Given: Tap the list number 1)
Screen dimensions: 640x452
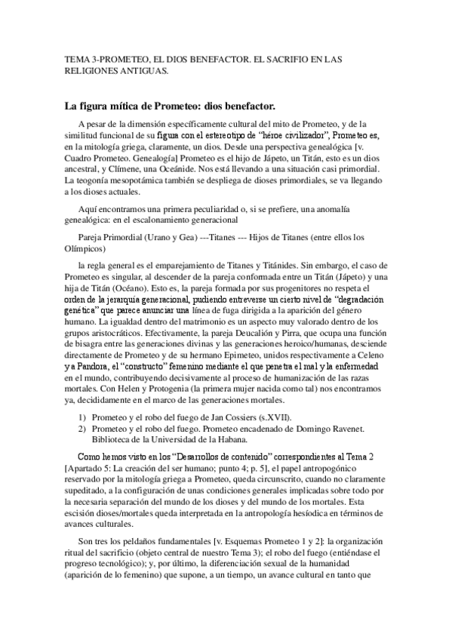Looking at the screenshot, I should [x=82, y=418].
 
